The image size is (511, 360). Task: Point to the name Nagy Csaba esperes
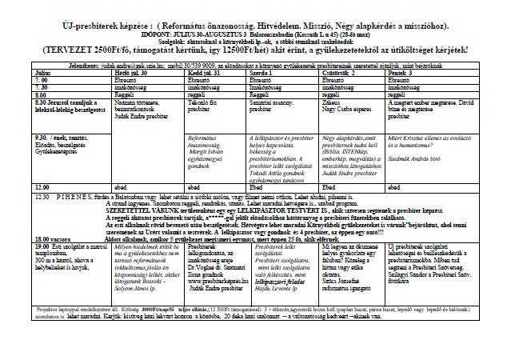(344, 109)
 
